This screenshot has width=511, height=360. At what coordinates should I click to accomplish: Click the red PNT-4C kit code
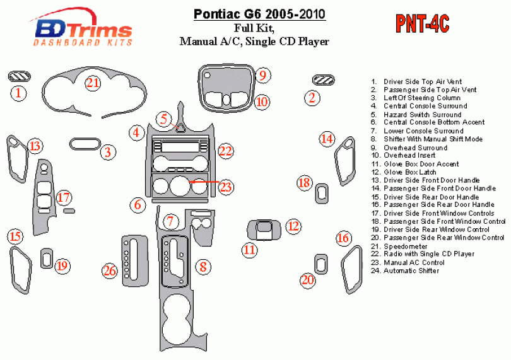pos(423,24)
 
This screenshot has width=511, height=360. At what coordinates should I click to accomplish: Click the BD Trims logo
pos(82,27)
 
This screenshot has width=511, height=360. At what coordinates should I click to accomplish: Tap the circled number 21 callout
pos(93,83)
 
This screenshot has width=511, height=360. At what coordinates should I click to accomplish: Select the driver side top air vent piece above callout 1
pos(19,76)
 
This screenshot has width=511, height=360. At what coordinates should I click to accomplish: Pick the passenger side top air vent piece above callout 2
pos(323,80)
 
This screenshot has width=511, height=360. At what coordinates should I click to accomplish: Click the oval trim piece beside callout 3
pos(85,144)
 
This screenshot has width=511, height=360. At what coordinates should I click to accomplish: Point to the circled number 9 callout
pos(262,75)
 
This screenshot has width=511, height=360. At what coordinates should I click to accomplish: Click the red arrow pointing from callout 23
pos(204,181)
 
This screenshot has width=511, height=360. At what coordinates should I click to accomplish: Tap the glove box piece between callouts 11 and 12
pos(264,230)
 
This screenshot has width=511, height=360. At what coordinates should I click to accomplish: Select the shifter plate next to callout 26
pos(135,261)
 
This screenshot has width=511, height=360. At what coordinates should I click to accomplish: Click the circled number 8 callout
pos(203,267)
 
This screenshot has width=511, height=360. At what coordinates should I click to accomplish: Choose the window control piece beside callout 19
pos(47,258)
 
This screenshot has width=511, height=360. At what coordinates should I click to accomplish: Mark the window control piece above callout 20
pos(321,264)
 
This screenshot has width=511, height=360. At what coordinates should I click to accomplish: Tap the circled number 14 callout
pos(327,139)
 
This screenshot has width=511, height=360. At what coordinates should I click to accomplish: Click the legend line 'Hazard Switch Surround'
pos(416,115)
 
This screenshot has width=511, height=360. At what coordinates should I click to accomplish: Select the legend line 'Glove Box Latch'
pos(404,172)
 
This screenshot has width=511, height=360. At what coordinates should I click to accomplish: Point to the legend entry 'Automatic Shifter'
pos(405,270)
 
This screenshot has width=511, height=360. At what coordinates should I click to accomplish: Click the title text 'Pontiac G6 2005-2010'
pos(259,15)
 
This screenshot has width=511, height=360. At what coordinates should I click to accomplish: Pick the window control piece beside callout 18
pos(322,194)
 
